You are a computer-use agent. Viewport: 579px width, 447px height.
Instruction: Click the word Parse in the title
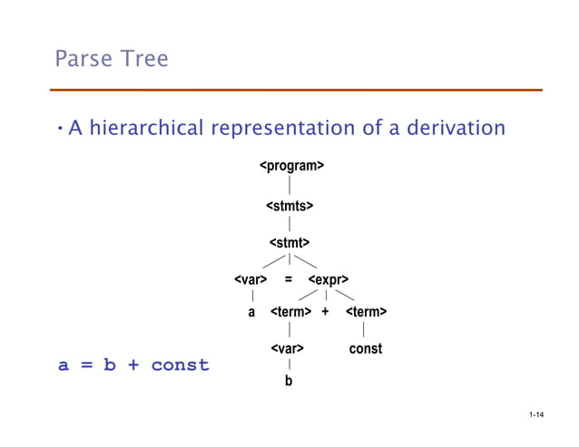pos(83,60)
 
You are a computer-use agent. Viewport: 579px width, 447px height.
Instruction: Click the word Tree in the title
pos(142,60)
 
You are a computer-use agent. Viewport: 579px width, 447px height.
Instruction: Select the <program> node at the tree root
pos(292,166)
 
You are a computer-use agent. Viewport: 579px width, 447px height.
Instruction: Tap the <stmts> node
pos(289,207)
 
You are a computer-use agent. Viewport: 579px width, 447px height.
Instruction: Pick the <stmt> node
pos(289,243)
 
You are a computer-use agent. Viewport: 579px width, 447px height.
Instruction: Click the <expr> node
pos(329,279)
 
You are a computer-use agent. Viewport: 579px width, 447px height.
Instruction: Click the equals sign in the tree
pos(289,279)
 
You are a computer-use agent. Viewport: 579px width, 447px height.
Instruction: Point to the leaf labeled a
pos(251,312)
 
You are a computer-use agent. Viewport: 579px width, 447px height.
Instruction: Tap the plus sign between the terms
pos(325,312)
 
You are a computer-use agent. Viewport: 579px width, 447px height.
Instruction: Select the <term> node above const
pos(366,312)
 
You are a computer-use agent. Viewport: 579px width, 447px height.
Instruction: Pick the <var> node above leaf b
pos(287,348)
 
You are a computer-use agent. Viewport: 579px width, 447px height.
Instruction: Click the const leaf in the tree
pos(366,348)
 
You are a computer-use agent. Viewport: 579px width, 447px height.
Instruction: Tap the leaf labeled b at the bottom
pos(289,382)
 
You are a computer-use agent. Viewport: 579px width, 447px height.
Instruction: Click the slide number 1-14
pos(535,416)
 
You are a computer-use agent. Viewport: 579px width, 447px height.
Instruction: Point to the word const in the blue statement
pos(180,365)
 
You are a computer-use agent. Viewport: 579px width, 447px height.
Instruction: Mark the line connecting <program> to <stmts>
pos(289,187)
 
